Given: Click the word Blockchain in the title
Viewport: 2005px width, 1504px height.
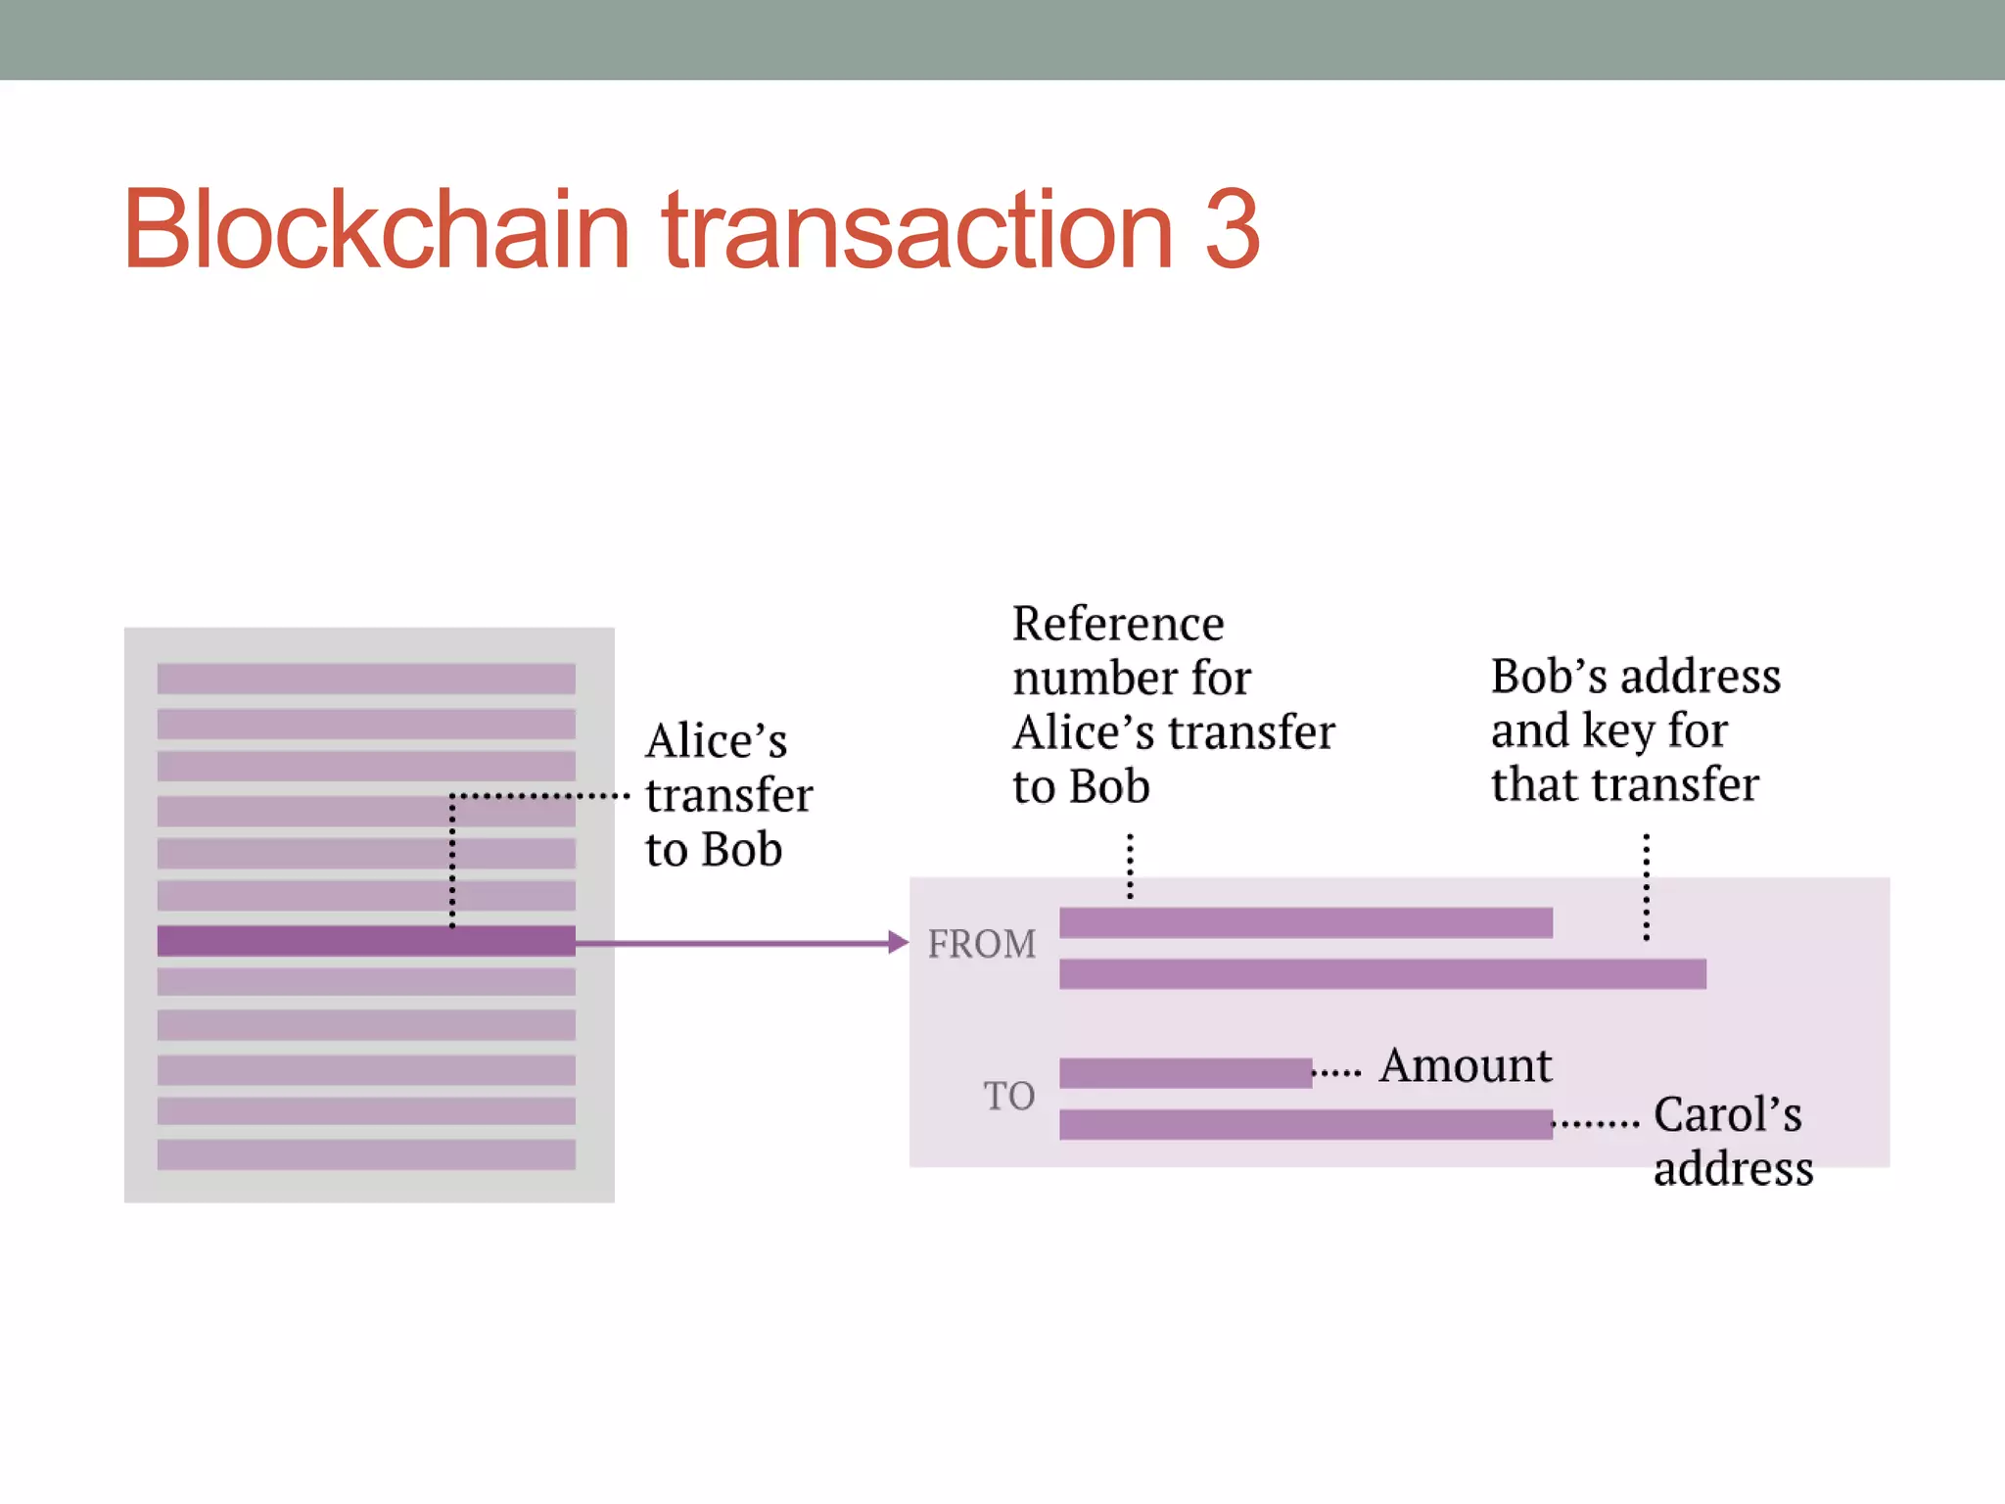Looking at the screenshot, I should click(377, 230).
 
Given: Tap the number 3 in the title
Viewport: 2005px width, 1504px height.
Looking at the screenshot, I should click(1232, 230).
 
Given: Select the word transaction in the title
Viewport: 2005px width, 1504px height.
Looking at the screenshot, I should click(917, 230).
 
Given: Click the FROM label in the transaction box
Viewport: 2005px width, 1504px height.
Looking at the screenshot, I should click(981, 944).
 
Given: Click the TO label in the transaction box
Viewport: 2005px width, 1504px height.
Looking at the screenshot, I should click(1008, 1096).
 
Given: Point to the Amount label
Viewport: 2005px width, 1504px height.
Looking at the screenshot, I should click(1465, 1065).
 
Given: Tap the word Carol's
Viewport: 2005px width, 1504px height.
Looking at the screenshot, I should click(1727, 1114).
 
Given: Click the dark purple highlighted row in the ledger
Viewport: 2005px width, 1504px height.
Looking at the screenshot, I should click(366, 941).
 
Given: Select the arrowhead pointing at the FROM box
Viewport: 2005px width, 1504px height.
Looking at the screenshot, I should click(898, 943).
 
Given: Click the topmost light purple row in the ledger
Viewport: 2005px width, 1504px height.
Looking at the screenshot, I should click(366, 679).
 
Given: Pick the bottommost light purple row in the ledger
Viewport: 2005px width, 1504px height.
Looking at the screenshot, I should click(366, 1154).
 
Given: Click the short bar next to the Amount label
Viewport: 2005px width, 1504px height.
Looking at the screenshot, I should click(1185, 1073).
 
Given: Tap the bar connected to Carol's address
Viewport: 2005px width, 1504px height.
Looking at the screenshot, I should click(1305, 1124).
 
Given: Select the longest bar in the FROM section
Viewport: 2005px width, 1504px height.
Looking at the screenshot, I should click(1382, 974).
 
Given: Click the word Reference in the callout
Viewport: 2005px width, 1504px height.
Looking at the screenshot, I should click(1118, 624).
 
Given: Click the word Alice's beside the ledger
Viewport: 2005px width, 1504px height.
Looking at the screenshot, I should click(716, 741).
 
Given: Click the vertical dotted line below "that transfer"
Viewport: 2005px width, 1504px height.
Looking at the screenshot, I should click(1647, 887).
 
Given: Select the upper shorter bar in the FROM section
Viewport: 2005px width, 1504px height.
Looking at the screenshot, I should click(1305, 922).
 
